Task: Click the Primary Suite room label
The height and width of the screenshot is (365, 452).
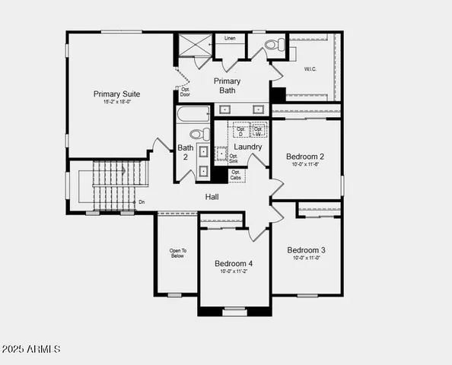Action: pos(116,94)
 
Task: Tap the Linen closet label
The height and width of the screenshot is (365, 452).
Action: pos(230,37)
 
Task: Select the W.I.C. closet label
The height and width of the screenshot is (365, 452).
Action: pos(310,68)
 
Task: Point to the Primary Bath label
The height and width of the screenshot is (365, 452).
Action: pos(227,86)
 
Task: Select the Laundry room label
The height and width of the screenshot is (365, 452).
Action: pos(248,147)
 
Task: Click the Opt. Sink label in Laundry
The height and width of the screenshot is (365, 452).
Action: pos(234,158)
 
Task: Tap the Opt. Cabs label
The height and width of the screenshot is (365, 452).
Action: pos(236,176)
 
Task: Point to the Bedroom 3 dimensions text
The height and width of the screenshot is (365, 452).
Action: pos(307,259)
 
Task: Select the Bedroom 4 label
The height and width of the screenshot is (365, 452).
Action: pos(234,263)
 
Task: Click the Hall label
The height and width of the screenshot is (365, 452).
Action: pos(212,198)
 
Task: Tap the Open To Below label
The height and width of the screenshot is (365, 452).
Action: pos(177,253)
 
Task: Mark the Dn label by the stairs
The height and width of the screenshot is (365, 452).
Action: pos(142,202)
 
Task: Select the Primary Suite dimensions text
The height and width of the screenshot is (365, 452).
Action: pos(116,103)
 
